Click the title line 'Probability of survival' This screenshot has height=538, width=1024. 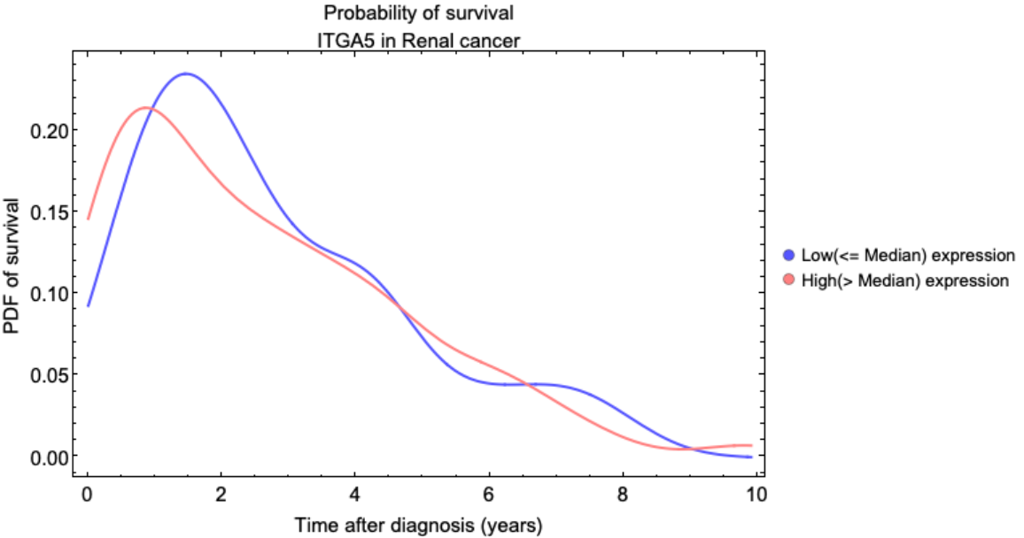[x=418, y=13]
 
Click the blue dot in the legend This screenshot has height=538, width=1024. [x=789, y=256]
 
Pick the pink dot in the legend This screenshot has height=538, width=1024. [x=789, y=281]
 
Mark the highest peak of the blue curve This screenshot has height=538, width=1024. [x=186, y=73]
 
